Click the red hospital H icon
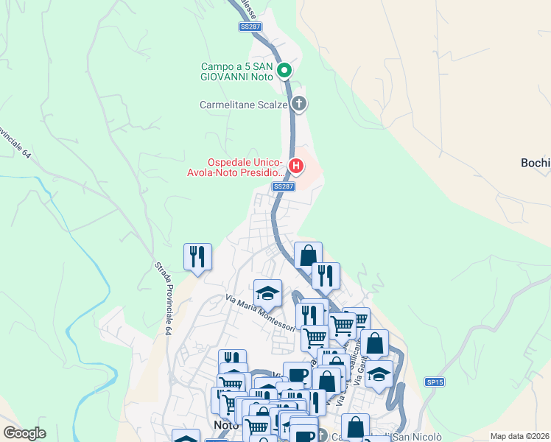(x=295, y=166)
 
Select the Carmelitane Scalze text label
(x=243, y=105)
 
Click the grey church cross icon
(x=298, y=103)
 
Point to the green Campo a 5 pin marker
(x=285, y=71)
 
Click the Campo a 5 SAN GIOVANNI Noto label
(x=237, y=71)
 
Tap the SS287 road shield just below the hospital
(x=284, y=186)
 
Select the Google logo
(x=25, y=433)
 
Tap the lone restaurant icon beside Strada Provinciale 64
(x=197, y=256)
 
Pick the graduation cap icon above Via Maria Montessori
(x=267, y=292)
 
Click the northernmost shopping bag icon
(x=308, y=255)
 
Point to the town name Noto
(x=227, y=425)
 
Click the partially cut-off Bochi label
(x=536, y=163)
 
